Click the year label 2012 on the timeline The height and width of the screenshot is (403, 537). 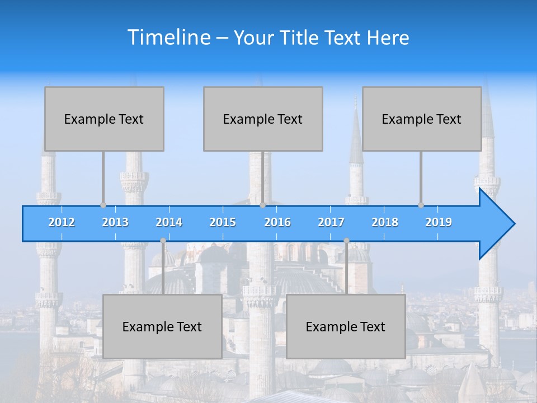[62, 222]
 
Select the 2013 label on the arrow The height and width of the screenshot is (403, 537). [115, 222]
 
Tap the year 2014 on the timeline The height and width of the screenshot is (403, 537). [169, 222]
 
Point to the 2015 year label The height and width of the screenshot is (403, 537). [223, 222]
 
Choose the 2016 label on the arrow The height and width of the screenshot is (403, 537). [277, 222]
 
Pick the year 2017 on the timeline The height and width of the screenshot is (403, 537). [331, 222]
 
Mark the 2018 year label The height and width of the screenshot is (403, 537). [385, 222]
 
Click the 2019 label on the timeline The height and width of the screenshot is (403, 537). [439, 222]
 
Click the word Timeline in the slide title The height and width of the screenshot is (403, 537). [168, 38]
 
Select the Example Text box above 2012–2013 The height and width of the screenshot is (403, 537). [104, 119]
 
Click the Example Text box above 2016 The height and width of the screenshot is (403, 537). [263, 119]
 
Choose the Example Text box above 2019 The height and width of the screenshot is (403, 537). [422, 119]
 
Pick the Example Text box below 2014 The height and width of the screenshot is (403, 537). [162, 326]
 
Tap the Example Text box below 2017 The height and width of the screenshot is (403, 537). [346, 326]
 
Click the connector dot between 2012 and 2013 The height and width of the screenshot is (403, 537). [103, 205]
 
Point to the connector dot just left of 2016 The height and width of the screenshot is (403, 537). [262, 205]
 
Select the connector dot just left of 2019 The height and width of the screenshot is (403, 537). [421, 205]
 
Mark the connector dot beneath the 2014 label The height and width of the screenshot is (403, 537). [163, 241]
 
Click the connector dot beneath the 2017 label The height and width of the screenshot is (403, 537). [346, 241]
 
